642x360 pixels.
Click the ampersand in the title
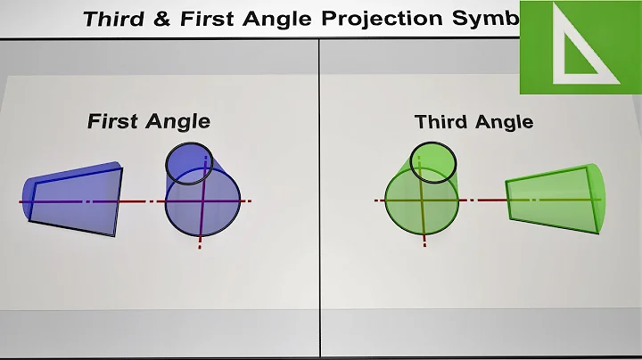(x=175, y=20)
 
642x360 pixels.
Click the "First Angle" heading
(x=148, y=121)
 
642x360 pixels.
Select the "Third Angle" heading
(x=474, y=121)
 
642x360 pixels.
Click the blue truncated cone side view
(x=77, y=200)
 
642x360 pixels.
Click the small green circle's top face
(x=433, y=161)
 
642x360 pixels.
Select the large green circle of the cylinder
(x=422, y=203)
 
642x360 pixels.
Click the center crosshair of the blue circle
(x=203, y=200)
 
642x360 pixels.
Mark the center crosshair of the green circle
(x=423, y=200)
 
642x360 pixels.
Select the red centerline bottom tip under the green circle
(x=424, y=243)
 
